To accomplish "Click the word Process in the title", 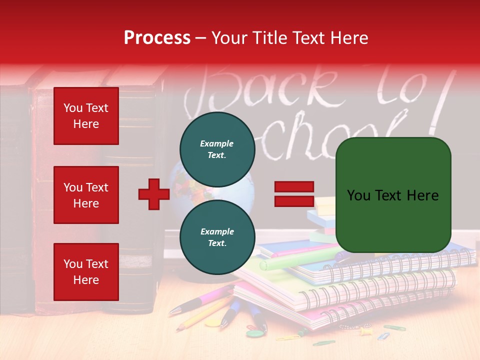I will [x=157, y=38].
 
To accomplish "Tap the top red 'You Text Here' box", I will [x=86, y=116].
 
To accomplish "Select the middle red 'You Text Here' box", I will [x=86, y=195].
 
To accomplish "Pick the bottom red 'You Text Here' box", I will [x=86, y=272].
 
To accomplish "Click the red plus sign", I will [x=154, y=194].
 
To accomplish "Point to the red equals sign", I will [x=294, y=194].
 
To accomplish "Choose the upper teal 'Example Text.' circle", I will [x=217, y=149].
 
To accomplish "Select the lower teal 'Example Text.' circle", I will [x=217, y=237].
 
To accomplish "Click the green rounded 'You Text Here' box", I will [x=393, y=195].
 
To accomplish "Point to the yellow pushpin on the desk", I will [x=365, y=330].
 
